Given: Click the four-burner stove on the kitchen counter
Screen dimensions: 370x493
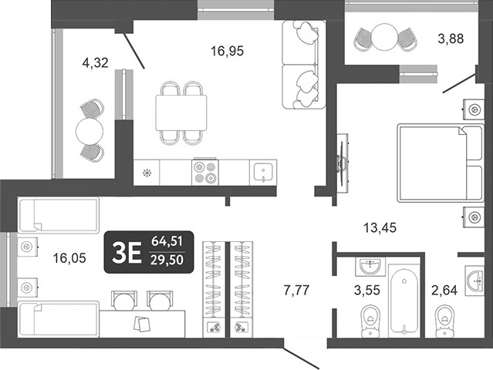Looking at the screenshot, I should click(x=204, y=170).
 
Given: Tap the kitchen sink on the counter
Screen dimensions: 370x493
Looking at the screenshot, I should click(x=262, y=170).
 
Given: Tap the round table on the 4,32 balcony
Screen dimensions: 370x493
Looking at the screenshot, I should click(x=89, y=130).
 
